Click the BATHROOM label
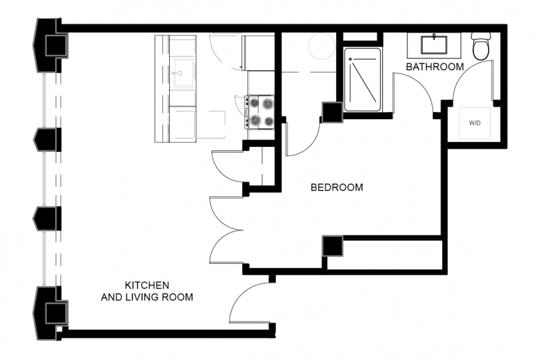pyautogui.click(x=434, y=67)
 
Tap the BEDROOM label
pyautogui.click(x=337, y=187)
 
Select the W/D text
pyautogui.click(x=475, y=123)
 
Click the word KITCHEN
pyautogui.click(x=147, y=285)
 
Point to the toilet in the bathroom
pyautogui.click(x=481, y=46)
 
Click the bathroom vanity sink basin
pyautogui.click(x=434, y=45)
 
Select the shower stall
pyautogui.click(x=362, y=79)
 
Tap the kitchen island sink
pyautogui.click(x=184, y=73)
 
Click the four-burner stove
pyautogui.click(x=260, y=112)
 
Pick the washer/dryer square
pyautogui.click(x=475, y=123)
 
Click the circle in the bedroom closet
pyautogui.click(x=322, y=47)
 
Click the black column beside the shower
pyautogui.click(x=333, y=112)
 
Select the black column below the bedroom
pyautogui.click(x=333, y=246)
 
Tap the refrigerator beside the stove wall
pyautogui.click(x=259, y=53)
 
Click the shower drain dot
pyautogui.click(x=350, y=59)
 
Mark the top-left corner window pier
pyautogui.click(x=50, y=45)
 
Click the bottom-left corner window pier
pyautogui.click(x=50, y=313)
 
